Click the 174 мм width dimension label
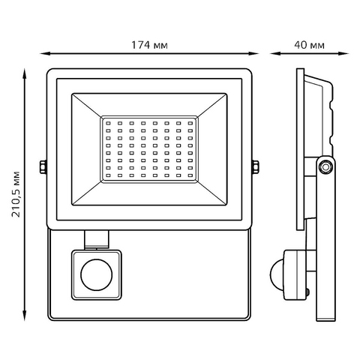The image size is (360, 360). pos(149,45)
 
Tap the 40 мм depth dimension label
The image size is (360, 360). pos(309,45)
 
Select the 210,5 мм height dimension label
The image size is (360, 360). pos(16,194)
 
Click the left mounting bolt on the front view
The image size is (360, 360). pos(43,166)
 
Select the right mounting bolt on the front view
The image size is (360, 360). pos(256,166)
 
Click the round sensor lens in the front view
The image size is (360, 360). pos(97,274)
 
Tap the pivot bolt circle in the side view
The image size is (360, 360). pos(325,166)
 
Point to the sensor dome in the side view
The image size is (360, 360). pos(277,274)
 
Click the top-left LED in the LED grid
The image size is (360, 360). pos(108,123)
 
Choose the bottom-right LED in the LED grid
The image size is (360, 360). pos(190,175)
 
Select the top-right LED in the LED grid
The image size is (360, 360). pos(190,123)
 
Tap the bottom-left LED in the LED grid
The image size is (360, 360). pos(108,175)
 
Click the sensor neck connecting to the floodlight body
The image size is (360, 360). pos(97,239)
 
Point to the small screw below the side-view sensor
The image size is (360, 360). pos(307,292)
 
